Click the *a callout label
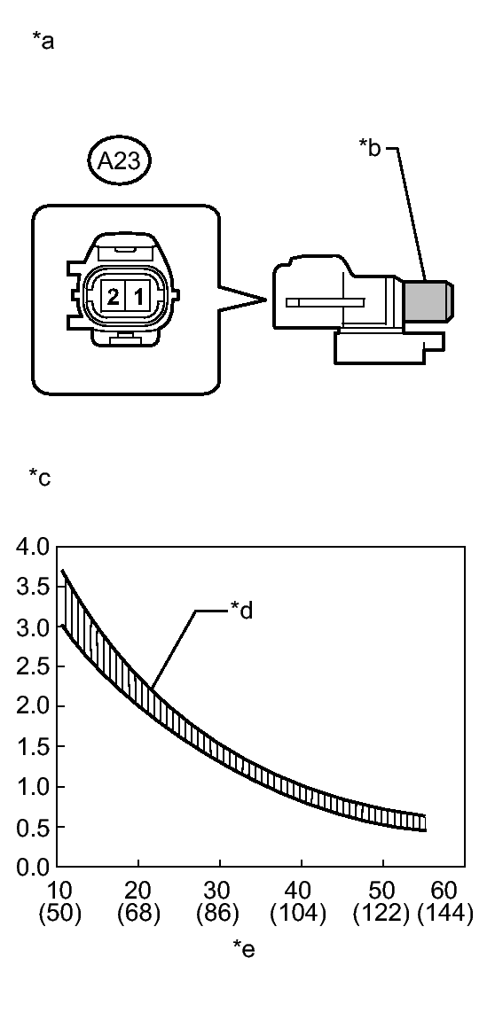click(x=44, y=42)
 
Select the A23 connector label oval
click(x=120, y=160)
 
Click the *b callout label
click(x=370, y=147)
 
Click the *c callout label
click(x=39, y=478)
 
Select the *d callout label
click(x=241, y=611)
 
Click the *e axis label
click(x=244, y=947)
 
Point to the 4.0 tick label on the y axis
click(x=32, y=546)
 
